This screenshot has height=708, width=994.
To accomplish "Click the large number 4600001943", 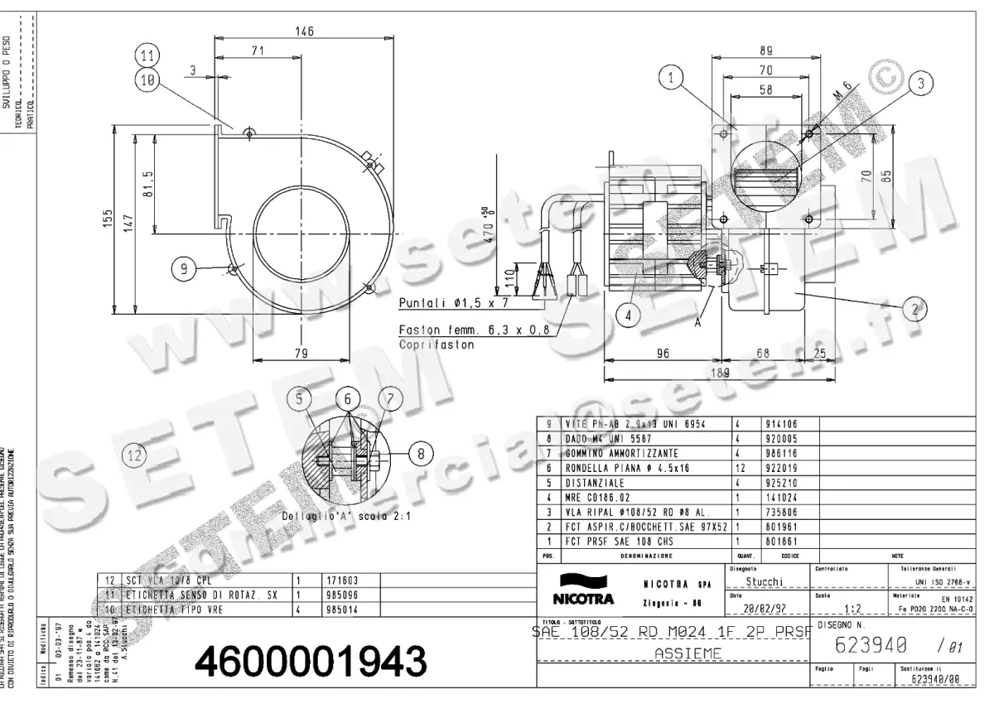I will [310, 660].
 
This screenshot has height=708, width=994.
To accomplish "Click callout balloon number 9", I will [184, 267].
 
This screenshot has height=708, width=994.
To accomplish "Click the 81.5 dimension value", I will [148, 180].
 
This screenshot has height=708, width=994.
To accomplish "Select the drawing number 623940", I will [871, 643].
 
